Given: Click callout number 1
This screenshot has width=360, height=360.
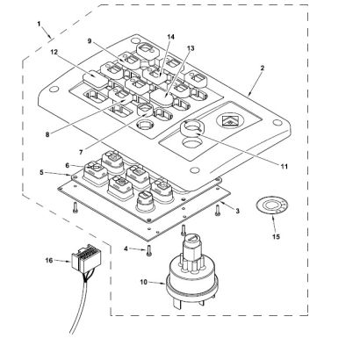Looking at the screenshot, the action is pos(39,24).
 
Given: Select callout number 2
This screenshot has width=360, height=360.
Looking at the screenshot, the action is pos(263,68).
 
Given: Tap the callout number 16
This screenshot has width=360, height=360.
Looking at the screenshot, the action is pos(49,260).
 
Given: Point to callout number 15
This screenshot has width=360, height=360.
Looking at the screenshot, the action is pos(276,236).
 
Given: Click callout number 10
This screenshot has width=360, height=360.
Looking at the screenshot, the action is pos(144,282).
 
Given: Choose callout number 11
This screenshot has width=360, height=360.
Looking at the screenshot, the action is pos(284,167).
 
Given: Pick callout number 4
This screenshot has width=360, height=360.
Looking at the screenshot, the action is pos(126,248).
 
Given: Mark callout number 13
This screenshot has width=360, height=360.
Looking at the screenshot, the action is pos(191,48).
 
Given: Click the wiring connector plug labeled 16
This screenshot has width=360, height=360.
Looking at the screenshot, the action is pos(86,259).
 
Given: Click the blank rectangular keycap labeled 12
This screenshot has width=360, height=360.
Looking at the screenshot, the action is pos(93,76).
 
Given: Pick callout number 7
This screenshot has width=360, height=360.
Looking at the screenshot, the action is pos(81,152).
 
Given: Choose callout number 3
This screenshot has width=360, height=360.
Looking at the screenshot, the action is pos(237,211).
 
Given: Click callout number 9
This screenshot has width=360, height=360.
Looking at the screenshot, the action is pos(90,41).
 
